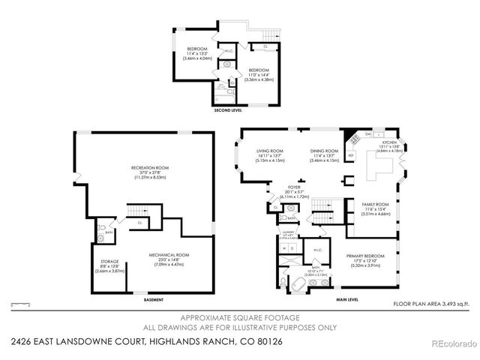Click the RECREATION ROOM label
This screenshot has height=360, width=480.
pyautogui.click(x=151, y=167)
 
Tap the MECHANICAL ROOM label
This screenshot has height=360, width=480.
pyautogui.click(x=169, y=255)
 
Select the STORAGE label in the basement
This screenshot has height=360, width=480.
pyautogui.click(x=109, y=262)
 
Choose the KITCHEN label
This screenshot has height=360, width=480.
pyautogui.click(x=389, y=142)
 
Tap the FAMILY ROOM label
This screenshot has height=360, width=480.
pyautogui.click(x=376, y=205)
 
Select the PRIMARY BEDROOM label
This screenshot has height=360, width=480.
pyautogui.click(x=365, y=255)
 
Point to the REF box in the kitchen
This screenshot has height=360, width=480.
pyautogui.click(x=350, y=155)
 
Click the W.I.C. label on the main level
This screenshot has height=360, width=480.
pyautogui.click(x=317, y=250)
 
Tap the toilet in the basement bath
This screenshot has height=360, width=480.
pyautogui.click(x=102, y=240)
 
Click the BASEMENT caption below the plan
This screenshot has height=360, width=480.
pyautogui.click(x=154, y=300)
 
